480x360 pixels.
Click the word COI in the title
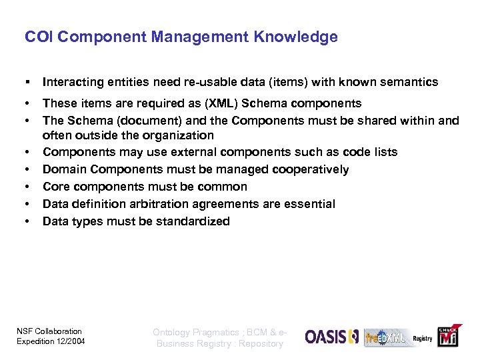tap(37, 37)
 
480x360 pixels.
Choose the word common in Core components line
tap(227, 187)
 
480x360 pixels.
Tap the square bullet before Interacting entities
tap(27, 83)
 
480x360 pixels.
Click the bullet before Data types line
tap(27, 221)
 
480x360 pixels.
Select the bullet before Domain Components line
tap(27, 170)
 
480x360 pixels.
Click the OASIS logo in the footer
tap(332, 337)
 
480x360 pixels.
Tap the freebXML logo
tap(385, 337)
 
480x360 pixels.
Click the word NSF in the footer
tap(23, 331)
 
